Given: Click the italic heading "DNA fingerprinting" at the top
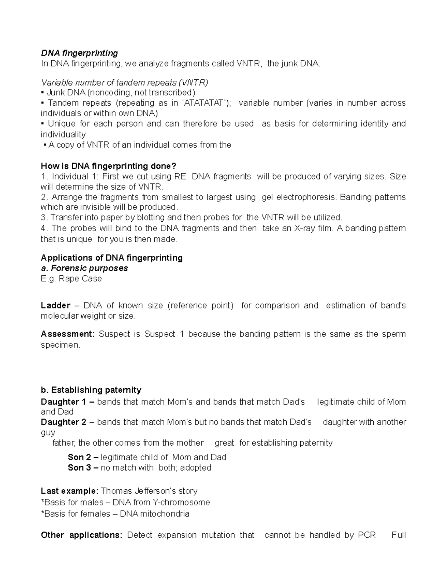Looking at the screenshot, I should pyautogui.click(x=79, y=53).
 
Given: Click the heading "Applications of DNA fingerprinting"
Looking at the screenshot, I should pyautogui.click(x=111, y=258).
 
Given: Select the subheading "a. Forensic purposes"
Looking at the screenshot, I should pyautogui.click(x=84, y=268).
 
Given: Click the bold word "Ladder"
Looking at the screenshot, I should pyautogui.click(x=55, y=306).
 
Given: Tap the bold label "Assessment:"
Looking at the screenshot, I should pyautogui.click(x=68, y=334).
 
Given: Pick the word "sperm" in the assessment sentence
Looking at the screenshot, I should pyautogui.click(x=394, y=334).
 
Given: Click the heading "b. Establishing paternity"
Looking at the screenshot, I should pyautogui.click(x=91, y=390).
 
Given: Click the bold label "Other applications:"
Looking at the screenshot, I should pyautogui.click(x=81, y=535).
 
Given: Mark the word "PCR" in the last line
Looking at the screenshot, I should pyautogui.click(x=367, y=535).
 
